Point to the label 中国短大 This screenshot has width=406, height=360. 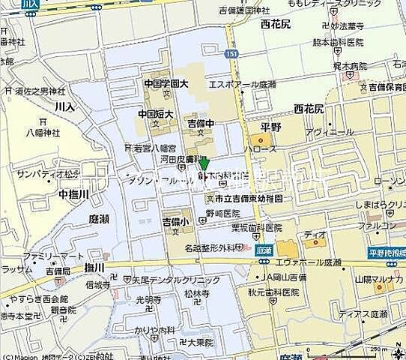click(156, 114)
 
